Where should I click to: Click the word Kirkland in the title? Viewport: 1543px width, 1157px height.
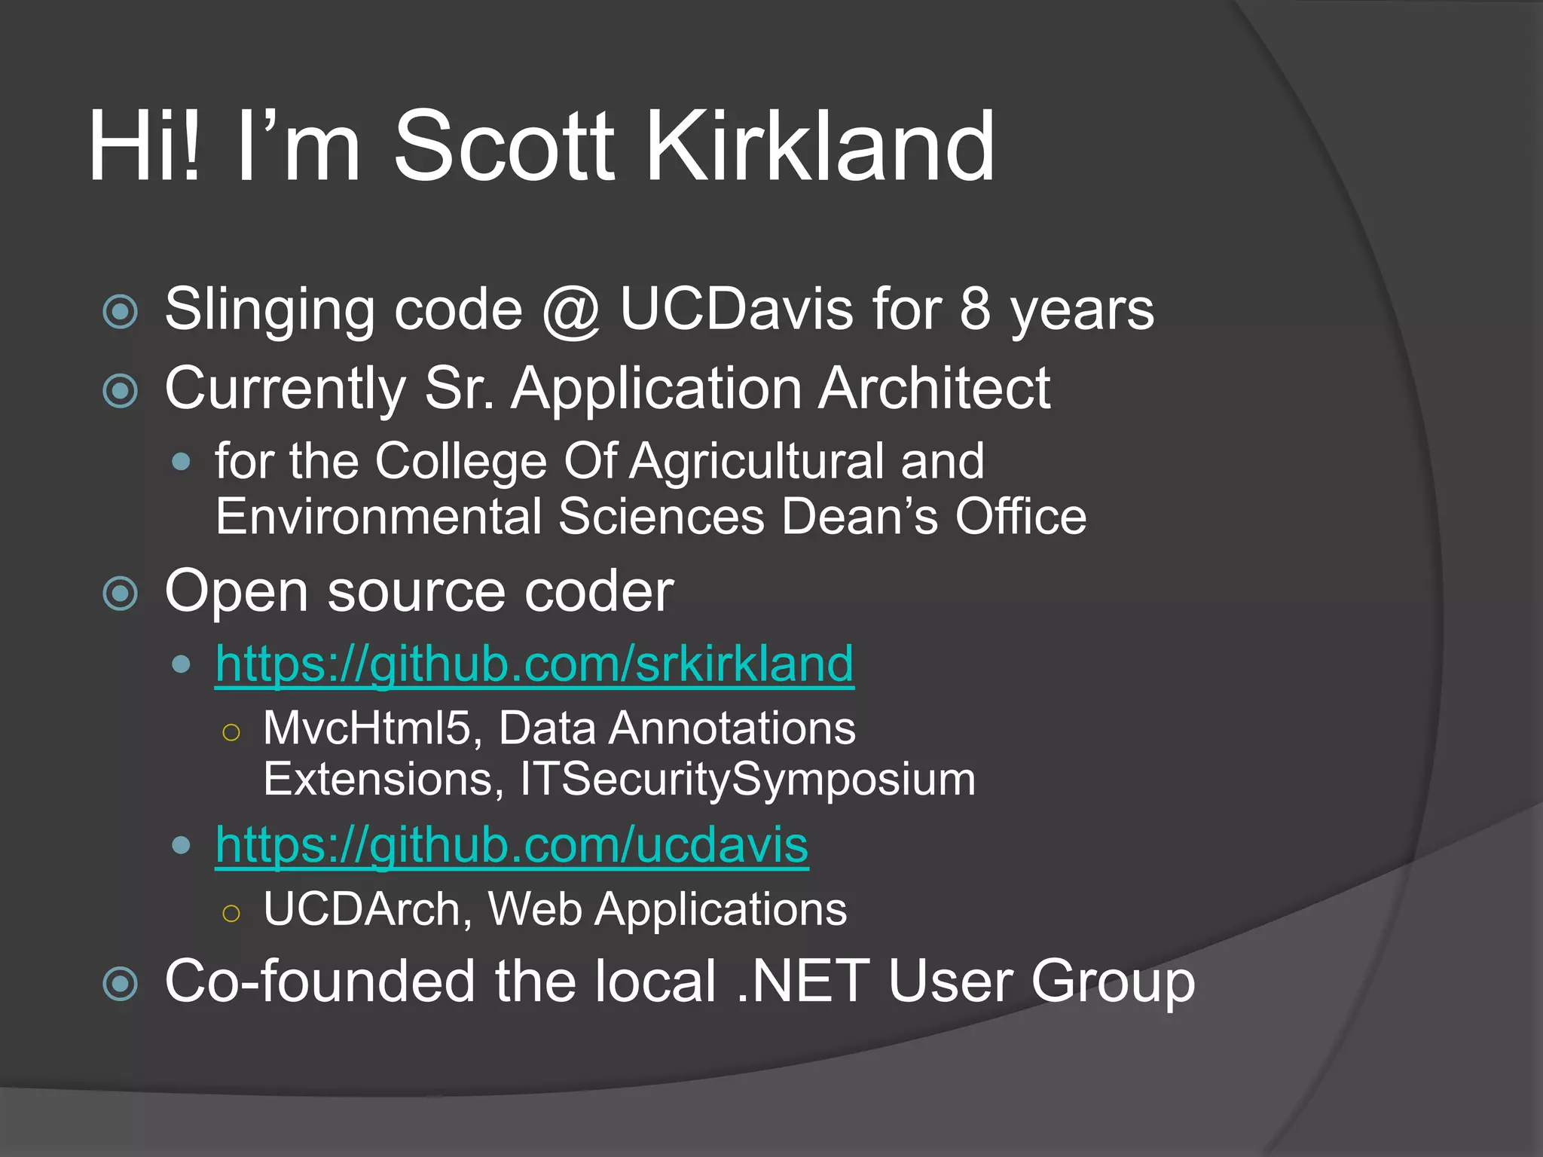(x=821, y=147)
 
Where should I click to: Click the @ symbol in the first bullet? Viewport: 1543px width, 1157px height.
(x=571, y=311)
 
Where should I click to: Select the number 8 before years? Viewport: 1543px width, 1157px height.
(x=975, y=310)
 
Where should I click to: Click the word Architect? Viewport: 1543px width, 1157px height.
(x=934, y=389)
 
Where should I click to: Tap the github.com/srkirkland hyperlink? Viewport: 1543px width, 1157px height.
(x=534, y=664)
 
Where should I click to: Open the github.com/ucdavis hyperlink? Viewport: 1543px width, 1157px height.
(x=512, y=845)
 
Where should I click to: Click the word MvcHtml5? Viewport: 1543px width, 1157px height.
(x=367, y=729)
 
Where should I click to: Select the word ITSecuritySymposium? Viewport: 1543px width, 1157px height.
(x=747, y=780)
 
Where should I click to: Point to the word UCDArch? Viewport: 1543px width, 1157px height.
(x=362, y=909)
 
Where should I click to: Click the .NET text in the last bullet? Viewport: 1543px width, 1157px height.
(x=803, y=981)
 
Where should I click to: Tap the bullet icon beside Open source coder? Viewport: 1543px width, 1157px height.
(x=121, y=594)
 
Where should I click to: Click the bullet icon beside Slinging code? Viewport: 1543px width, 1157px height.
(x=121, y=311)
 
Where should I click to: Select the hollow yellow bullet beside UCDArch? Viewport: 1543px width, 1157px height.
(x=231, y=913)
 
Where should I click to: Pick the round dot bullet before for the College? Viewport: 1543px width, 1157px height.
(x=181, y=462)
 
